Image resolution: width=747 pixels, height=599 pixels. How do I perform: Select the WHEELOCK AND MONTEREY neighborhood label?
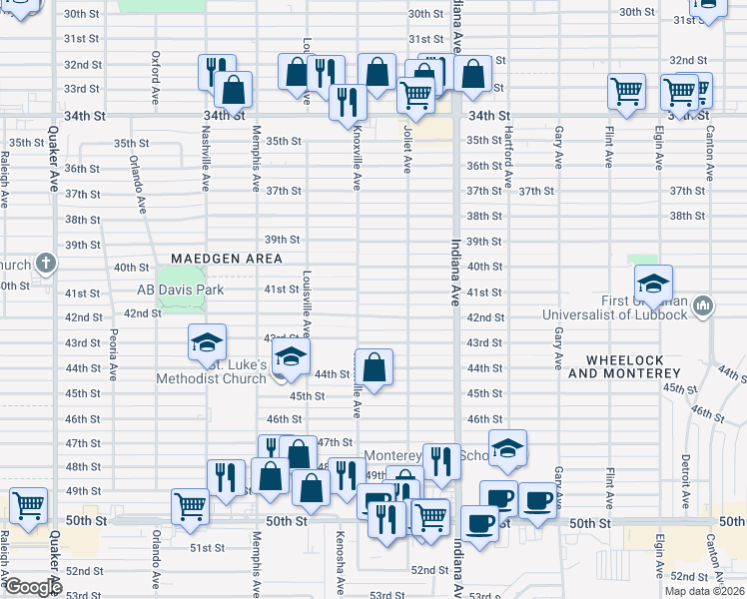click(x=624, y=365)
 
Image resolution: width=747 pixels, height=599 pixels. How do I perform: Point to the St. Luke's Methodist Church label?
click(x=211, y=371)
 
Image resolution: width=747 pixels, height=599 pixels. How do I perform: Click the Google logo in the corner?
click(x=32, y=587)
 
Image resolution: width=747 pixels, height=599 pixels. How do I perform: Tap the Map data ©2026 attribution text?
click(x=705, y=591)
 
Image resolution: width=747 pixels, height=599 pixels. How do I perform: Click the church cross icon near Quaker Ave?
click(x=45, y=265)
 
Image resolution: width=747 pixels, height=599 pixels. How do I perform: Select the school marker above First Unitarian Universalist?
click(x=653, y=284)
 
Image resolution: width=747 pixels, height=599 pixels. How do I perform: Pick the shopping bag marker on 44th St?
click(x=373, y=367)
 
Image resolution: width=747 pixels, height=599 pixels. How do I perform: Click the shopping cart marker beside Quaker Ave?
click(x=28, y=505)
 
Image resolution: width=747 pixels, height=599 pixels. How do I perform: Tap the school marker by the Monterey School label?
click(x=507, y=448)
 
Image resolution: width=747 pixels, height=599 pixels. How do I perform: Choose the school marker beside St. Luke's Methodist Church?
click(x=290, y=356)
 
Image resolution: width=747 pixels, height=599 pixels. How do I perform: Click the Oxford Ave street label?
click(x=156, y=70)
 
